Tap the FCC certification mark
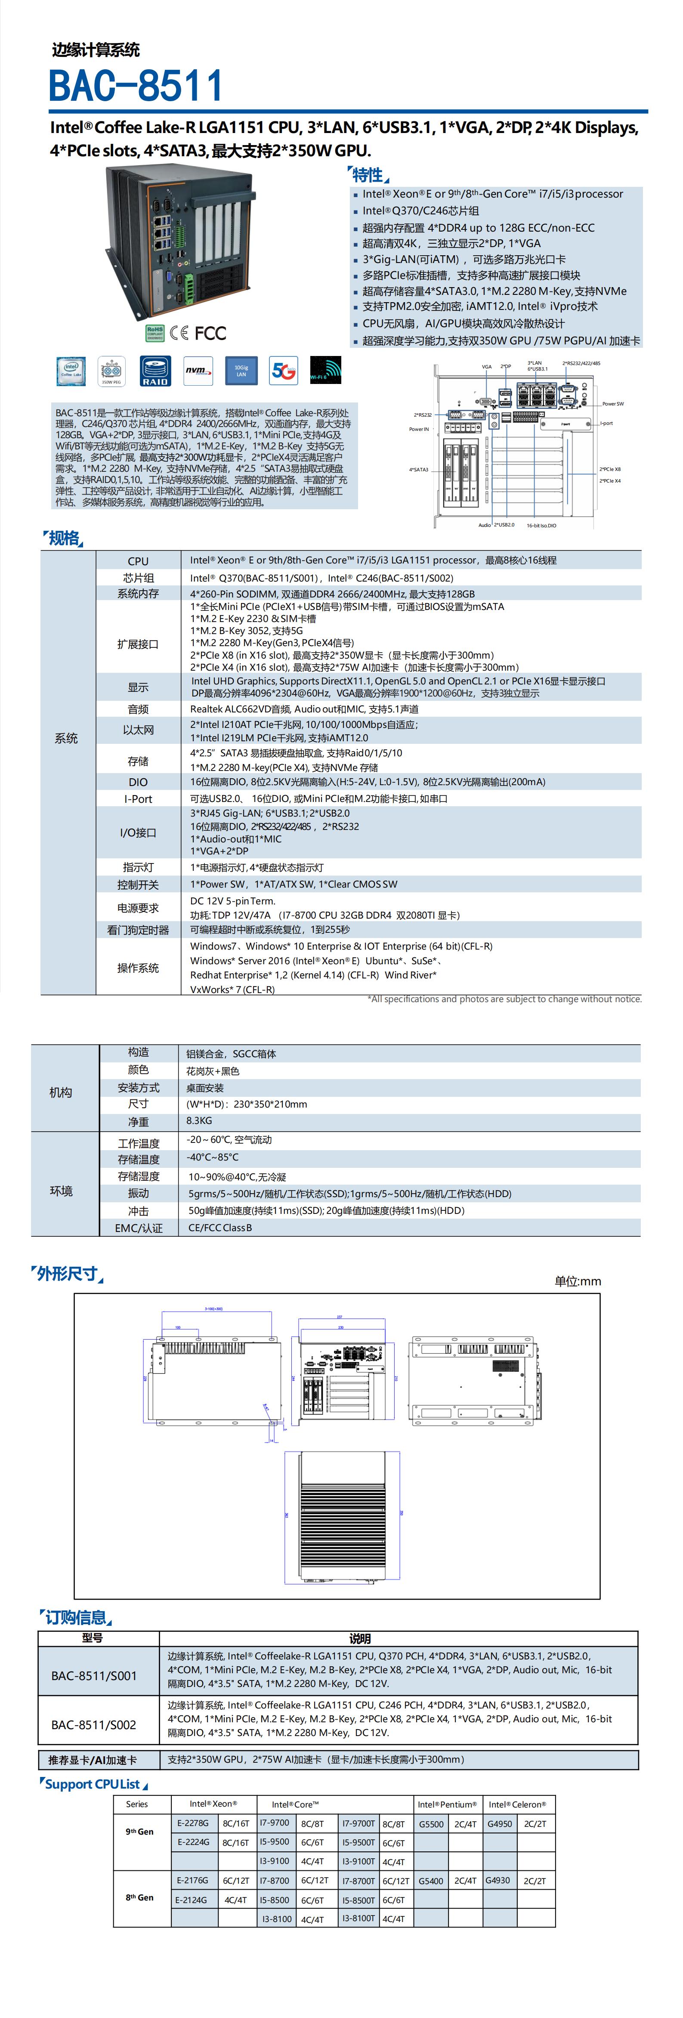[210, 333]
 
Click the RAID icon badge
[155, 371]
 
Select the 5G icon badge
[283, 371]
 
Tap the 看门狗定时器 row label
[138, 930]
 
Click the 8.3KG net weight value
[199, 1121]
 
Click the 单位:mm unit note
[577, 1281]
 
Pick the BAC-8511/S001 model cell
[94, 1676]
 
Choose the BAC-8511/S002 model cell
[94, 1724]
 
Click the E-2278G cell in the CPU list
[193, 1823]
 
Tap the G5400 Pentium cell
[431, 1880]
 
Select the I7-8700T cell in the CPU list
[358, 1880]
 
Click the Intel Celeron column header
[517, 1804]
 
